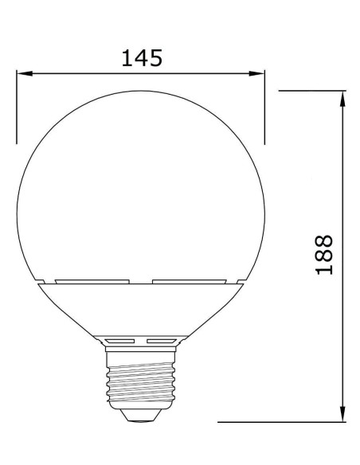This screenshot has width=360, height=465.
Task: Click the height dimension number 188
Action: (323, 255)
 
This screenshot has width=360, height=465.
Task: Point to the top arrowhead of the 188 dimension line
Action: (342, 98)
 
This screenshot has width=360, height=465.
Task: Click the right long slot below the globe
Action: (190, 281)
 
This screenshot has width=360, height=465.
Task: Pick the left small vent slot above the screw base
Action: (122, 340)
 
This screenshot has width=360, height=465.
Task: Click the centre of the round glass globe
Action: (140, 191)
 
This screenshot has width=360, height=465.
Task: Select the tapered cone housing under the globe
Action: (140, 311)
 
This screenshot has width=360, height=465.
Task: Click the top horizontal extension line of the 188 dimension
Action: (311, 91)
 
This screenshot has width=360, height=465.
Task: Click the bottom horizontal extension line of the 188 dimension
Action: (279, 421)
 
